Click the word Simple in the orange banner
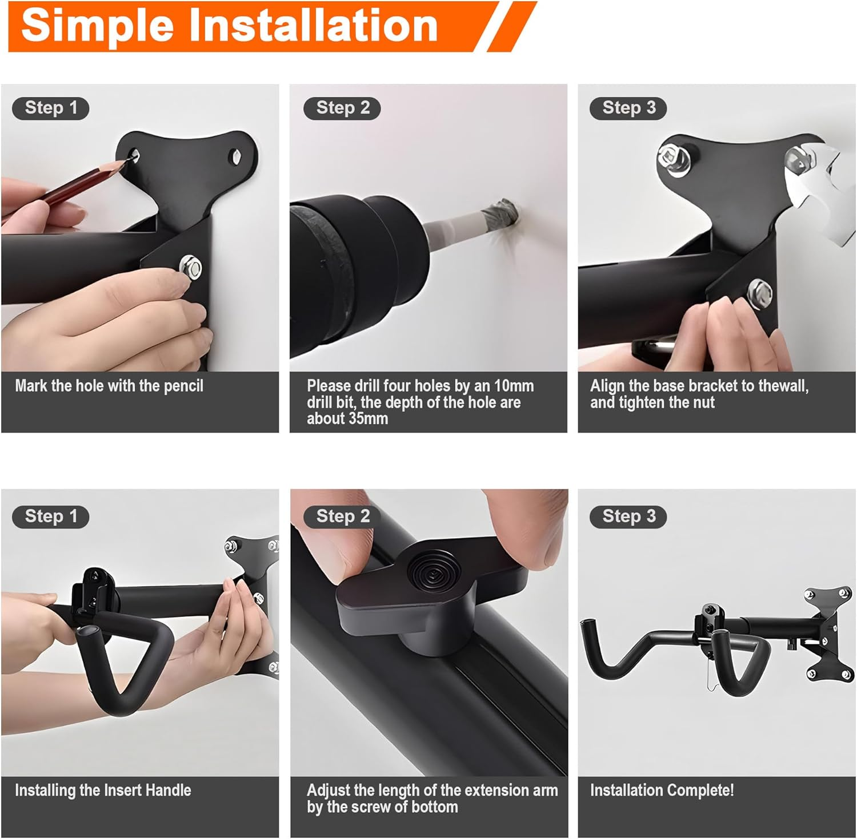(x=97, y=26)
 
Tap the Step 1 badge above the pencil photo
(x=51, y=108)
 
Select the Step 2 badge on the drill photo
(x=342, y=108)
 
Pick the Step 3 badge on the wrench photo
(x=628, y=108)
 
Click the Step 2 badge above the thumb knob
(x=342, y=517)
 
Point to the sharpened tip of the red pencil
(x=127, y=162)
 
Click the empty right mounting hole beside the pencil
(x=235, y=155)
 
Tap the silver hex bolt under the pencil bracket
(x=190, y=266)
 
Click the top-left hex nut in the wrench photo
(x=668, y=155)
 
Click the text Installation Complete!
(x=662, y=790)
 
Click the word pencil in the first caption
(x=183, y=386)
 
